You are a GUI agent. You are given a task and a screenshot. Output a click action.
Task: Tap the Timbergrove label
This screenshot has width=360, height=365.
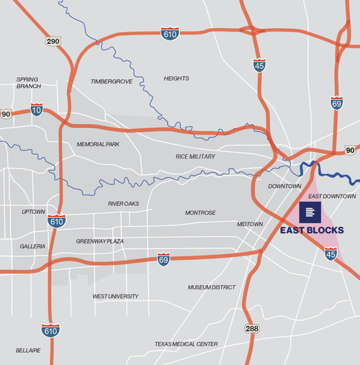[112, 81]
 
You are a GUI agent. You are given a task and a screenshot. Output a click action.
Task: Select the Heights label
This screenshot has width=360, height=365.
[176, 78]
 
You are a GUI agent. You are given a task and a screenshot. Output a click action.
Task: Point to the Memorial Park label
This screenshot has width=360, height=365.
[98, 144]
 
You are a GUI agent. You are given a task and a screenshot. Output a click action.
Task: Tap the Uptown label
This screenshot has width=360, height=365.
[33, 212]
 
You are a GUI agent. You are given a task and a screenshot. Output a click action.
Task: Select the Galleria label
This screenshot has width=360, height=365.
[32, 246]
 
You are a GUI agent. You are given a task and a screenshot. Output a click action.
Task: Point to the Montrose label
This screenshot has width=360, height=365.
[200, 213]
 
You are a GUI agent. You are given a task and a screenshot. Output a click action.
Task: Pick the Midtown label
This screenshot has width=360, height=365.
[250, 225]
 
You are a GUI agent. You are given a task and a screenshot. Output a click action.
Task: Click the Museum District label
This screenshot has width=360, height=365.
[212, 287]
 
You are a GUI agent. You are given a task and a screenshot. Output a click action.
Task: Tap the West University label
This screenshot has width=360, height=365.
[115, 296]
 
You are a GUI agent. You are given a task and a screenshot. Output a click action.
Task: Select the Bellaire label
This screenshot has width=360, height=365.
[28, 351]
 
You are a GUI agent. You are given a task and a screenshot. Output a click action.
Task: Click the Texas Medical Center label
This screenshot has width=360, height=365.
[186, 344]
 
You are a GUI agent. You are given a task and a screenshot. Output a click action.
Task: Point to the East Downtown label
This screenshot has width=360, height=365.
[332, 197]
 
